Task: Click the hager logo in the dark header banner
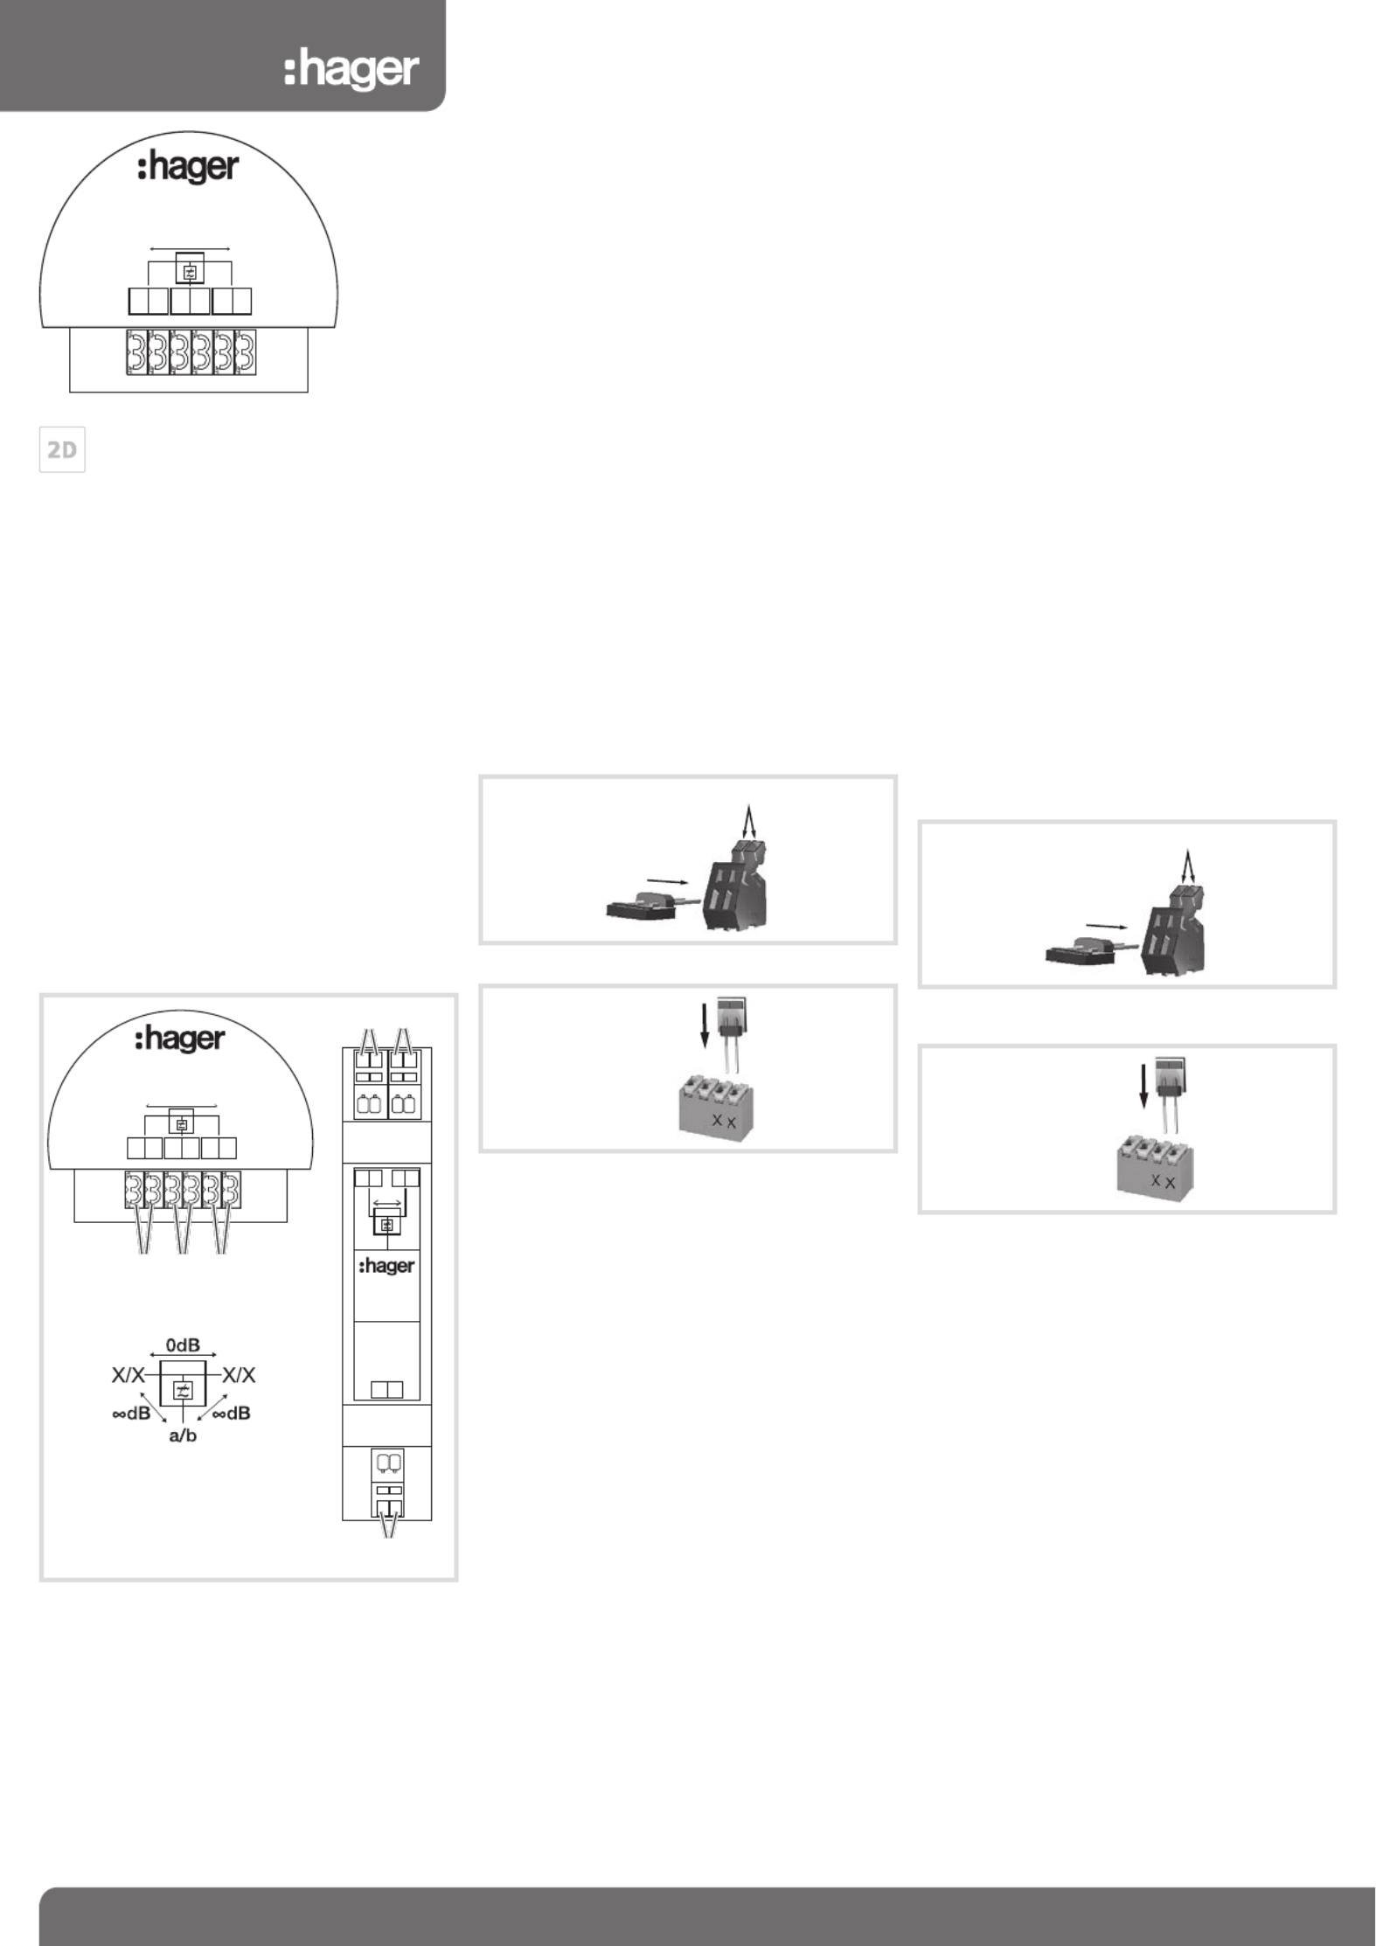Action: [x=351, y=71]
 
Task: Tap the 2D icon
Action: [x=62, y=450]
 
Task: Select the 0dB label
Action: [x=183, y=1345]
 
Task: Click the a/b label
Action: [x=183, y=1435]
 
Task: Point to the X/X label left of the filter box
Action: [x=128, y=1375]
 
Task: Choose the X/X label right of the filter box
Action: [x=239, y=1375]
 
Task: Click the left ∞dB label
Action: [x=131, y=1413]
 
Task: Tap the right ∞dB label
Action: [x=232, y=1413]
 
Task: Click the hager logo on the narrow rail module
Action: [x=386, y=1267]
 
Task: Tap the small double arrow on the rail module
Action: [x=386, y=1204]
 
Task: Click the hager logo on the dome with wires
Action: [x=180, y=1039]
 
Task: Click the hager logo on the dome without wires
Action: [x=188, y=168]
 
